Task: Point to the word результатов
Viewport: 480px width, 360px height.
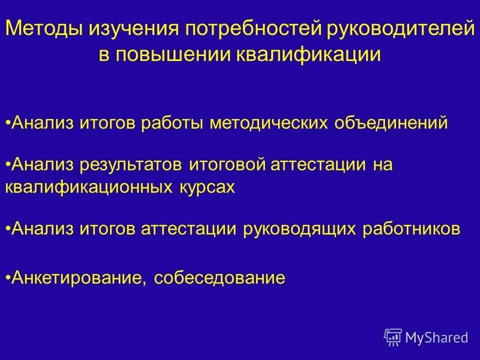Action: point(131,165)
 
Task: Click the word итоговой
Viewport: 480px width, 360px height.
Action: point(227,165)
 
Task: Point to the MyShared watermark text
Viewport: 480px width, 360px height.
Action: point(437,337)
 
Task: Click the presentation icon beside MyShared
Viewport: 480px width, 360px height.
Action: point(393,337)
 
